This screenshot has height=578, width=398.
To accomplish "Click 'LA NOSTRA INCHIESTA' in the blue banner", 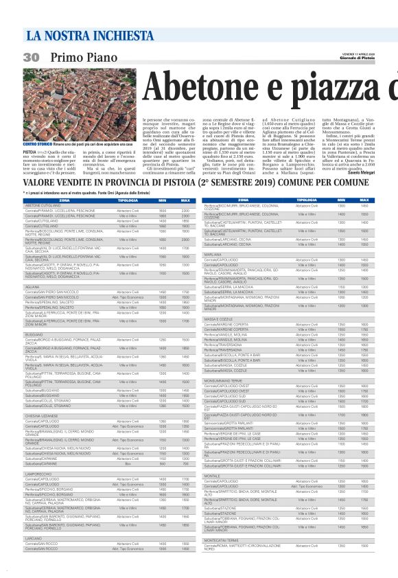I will point(73,35).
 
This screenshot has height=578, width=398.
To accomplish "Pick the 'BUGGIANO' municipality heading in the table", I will point(35,334).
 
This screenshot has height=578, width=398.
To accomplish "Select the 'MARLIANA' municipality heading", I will point(213,254).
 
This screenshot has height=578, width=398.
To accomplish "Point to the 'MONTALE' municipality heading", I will point(211,494).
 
